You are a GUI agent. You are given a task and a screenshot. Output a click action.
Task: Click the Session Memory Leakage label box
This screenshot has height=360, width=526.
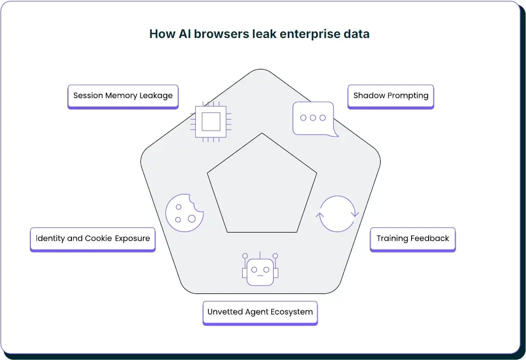pos(123,95)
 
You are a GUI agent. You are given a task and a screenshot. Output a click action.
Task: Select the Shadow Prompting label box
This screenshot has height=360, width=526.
pos(391,95)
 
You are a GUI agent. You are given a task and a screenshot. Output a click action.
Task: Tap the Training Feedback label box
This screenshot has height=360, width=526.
pos(413,238)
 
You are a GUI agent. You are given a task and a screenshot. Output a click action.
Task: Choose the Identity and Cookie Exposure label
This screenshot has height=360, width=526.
pos(93,238)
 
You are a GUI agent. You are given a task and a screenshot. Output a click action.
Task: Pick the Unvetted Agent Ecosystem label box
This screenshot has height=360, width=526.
pos(260,312)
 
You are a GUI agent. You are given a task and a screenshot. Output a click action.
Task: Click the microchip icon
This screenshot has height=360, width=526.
pos(211,121)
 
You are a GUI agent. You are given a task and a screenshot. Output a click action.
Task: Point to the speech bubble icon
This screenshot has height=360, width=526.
pos(313,118)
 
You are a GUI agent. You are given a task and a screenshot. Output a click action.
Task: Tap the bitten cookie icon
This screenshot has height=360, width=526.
pos(184,212)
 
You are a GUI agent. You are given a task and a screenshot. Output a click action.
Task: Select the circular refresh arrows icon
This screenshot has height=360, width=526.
pos(338,213)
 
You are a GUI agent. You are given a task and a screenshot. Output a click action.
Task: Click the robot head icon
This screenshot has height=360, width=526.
pos(260,270)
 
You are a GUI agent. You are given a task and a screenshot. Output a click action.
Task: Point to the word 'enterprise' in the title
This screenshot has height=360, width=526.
pos(311,34)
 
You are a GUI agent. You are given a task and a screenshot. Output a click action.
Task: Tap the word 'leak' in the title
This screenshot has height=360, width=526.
pos(263,34)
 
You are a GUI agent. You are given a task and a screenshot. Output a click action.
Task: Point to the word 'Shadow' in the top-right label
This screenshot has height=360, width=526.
pos(369,95)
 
